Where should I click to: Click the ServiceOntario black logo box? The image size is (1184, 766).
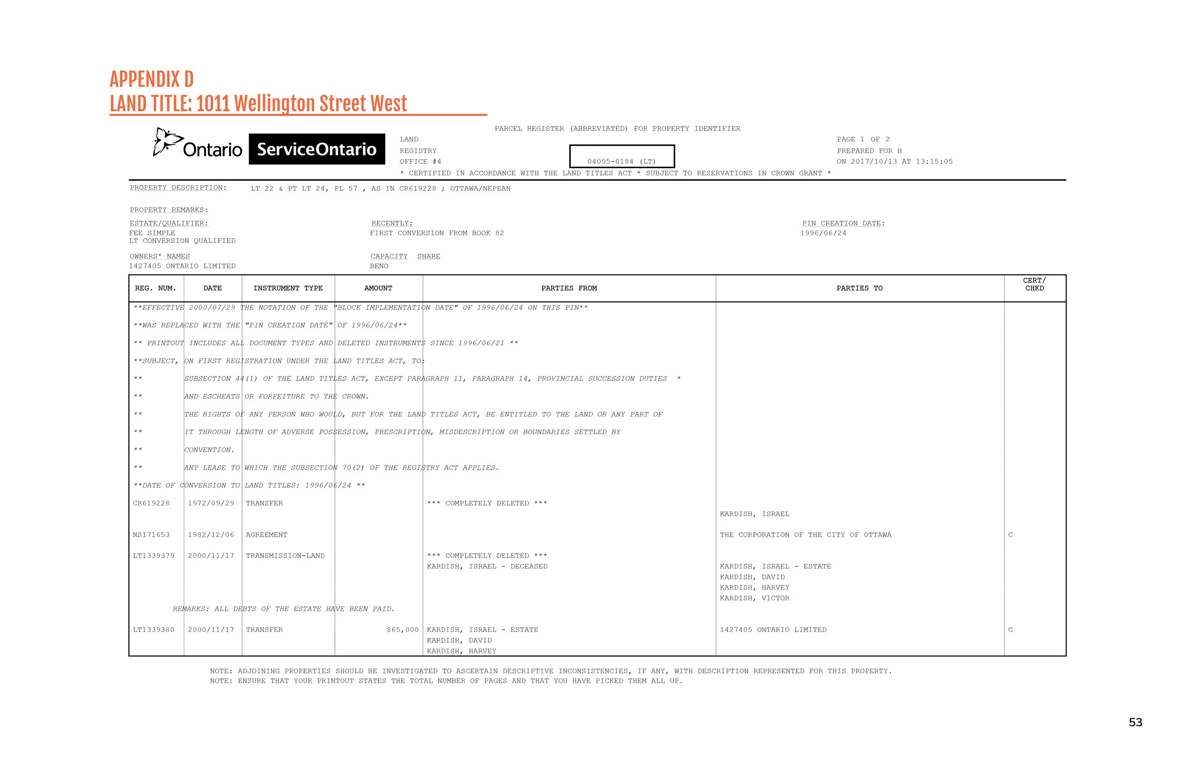[x=316, y=149]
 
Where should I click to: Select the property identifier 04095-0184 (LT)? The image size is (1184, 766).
[x=621, y=161]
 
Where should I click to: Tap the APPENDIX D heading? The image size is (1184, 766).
[x=151, y=80]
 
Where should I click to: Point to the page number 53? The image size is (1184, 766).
[x=1135, y=722]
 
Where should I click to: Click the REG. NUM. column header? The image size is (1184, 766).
[x=155, y=288]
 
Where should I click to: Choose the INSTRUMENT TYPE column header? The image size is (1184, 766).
[x=287, y=288]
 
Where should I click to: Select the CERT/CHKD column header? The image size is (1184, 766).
[x=1034, y=285]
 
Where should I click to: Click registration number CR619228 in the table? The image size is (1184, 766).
[x=151, y=503]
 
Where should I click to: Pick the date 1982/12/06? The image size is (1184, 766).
[x=210, y=534]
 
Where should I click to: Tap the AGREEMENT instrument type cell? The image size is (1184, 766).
[x=266, y=534]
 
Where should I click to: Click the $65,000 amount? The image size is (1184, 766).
[x=403, y=630]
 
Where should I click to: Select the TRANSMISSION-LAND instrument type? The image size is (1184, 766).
[x=285, y=556]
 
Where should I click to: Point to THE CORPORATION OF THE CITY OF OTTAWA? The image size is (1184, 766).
[x=806, y=534]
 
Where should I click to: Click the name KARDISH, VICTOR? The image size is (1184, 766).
[x=754, y=598]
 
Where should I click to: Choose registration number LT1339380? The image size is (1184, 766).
[x=154, y=630]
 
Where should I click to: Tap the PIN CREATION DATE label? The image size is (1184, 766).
[x=843, y=223]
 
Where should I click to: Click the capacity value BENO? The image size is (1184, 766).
[x=379, y=266]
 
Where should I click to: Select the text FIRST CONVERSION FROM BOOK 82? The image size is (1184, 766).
[x=437, y=233]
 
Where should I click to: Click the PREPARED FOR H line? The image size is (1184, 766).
[x=869, y=151]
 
